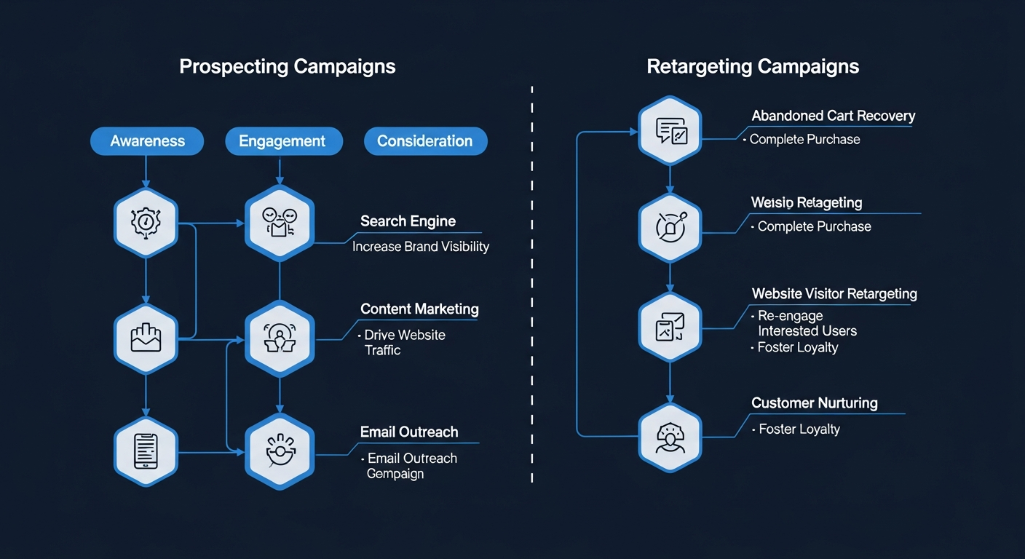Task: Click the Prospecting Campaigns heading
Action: (287, 67)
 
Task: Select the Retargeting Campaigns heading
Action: (753, 67)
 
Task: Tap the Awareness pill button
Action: (147, 141)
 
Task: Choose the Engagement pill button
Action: (282, 141)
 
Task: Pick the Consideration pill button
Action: (424, 141)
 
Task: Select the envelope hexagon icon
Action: (146, 339)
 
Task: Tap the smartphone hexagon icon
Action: (146, 452)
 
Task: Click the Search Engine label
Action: (408, 221)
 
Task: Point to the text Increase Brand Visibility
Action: (421, 247)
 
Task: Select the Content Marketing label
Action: (419, 309)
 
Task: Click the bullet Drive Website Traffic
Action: (404, 342)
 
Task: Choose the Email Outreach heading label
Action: (409, 432)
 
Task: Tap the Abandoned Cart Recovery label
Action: (833, 116)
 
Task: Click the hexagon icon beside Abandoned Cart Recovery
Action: (670, 132)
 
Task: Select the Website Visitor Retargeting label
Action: (834, 293)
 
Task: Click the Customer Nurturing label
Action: (814, 403)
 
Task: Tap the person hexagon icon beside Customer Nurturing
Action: (670, 437)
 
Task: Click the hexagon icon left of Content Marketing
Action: (280, 338)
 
